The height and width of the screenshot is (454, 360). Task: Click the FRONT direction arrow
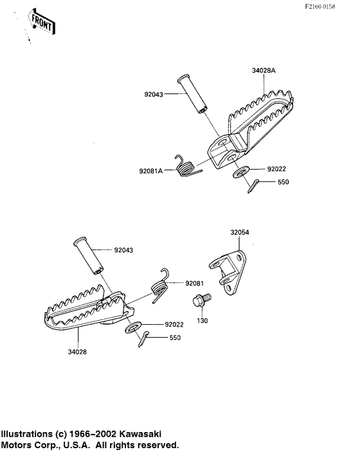tap(41, 21)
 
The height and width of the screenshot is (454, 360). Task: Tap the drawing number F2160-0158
tap(319, 6)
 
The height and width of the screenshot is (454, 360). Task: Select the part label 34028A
tap(264, 71)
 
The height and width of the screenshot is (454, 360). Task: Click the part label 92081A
tap(151, 171)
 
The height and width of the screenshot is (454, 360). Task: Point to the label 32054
tap(240, 232)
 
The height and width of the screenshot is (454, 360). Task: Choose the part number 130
tap(203, 321)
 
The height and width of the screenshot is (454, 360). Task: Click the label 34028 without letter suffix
tap(77, 352)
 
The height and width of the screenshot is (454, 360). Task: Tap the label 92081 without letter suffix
tap(195, 284)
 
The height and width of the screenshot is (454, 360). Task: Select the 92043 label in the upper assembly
tap(154, 95)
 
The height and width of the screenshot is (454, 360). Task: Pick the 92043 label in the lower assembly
tap(123, 250)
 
